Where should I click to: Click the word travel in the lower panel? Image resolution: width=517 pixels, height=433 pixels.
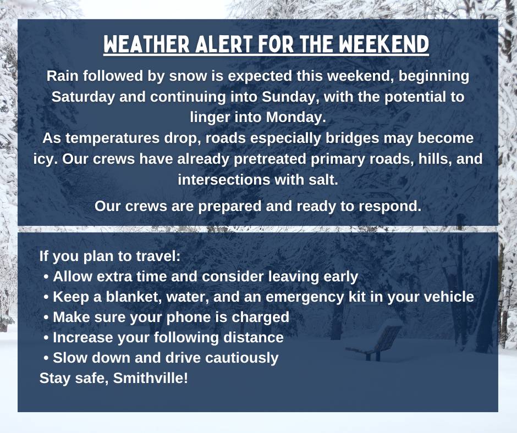159,257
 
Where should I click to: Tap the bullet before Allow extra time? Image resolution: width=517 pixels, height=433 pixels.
46,276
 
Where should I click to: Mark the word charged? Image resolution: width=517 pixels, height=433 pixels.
261,318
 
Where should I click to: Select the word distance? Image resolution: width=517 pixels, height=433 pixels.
254,337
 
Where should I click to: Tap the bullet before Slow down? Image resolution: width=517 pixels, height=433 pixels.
46,358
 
